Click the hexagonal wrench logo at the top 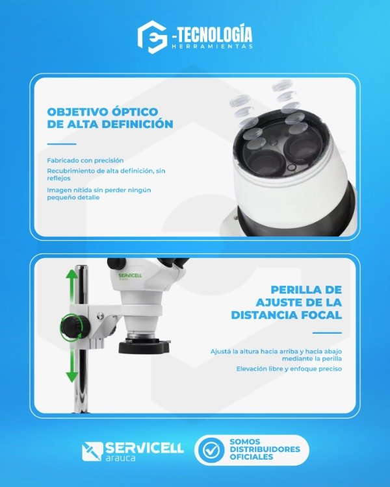152,37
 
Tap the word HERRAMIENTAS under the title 212,46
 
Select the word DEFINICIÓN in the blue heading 137,124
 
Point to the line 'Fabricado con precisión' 85,160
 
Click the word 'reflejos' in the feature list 58,179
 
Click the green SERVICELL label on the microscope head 130,275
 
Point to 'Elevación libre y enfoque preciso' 289,369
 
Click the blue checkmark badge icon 211,450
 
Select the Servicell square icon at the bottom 92,451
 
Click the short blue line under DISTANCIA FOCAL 327,333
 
